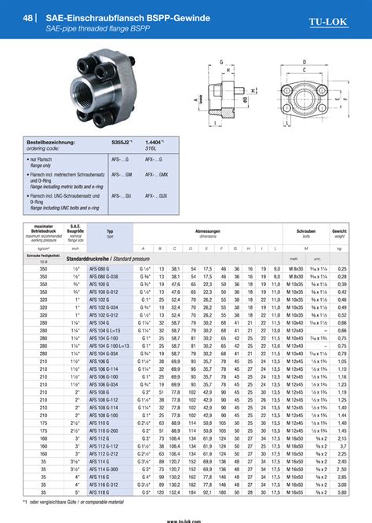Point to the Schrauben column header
(x=305, y=233)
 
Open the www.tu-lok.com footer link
(x=186, y=517)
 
